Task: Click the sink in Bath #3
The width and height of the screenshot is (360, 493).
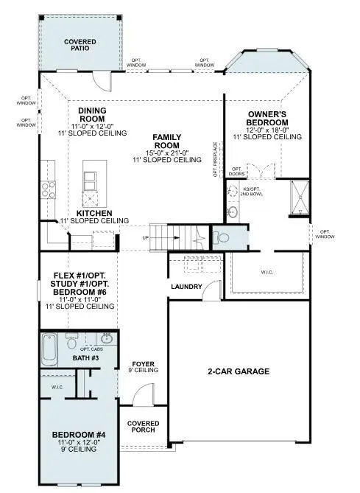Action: point(105,340)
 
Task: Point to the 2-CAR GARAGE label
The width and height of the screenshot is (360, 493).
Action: point(237,371)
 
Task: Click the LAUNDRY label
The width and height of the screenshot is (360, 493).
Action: point(186,287)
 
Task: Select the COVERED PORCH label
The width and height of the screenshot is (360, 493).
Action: point(142,427)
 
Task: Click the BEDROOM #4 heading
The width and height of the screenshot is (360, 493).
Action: point(79,435)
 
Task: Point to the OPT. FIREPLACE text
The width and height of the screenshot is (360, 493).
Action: point(216,159)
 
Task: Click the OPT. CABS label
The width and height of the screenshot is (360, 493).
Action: point(91,349)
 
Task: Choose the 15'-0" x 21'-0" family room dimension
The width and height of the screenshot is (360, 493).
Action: point(167,152)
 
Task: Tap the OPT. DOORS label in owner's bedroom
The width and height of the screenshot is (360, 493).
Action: point(236,172)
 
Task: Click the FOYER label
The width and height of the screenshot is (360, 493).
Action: point(142,364)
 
